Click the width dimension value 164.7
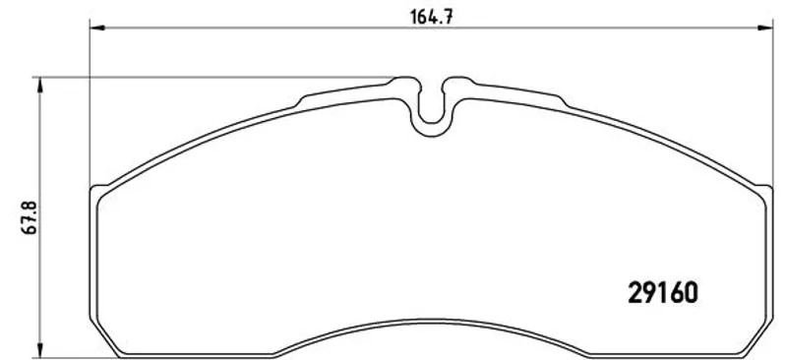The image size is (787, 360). [432, 17]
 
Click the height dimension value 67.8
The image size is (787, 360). [30, 217]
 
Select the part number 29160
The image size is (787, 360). [662, 292]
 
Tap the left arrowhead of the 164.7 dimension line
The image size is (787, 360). [96, 28]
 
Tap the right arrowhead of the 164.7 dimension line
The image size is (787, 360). [765, 28]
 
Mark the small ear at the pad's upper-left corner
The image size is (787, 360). [100, 190]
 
